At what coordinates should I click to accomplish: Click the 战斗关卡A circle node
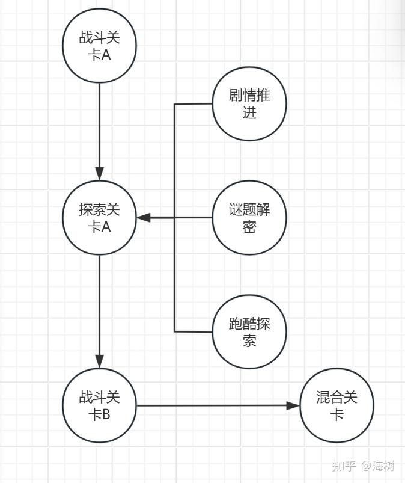point(99,46)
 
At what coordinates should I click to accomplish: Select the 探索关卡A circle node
point(99,218)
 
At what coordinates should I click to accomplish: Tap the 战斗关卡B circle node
point(99,405)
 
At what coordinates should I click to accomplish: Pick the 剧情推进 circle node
point(249,104)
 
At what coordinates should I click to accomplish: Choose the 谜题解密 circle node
point(249,218)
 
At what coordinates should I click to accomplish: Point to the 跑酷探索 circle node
point(249,332)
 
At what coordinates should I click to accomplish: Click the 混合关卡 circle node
point(337,405)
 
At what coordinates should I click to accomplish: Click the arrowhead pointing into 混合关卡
point(293,405)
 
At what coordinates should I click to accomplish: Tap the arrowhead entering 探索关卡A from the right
point(144,218)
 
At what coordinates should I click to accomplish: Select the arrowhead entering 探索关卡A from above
point(99,174)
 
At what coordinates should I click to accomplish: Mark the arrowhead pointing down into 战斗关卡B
point(99,361)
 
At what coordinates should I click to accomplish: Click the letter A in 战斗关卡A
point(106,55)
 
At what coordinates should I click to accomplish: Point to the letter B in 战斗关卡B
point(106,415)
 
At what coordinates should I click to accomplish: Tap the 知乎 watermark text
point(344,466)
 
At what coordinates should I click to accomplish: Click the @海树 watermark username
point(377,466)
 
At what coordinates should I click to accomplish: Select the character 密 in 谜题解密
point(249,227)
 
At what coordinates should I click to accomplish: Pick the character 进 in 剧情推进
point(249,112)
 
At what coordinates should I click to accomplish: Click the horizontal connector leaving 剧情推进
point(193,104)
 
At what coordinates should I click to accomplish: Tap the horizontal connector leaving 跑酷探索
point(193,332)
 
